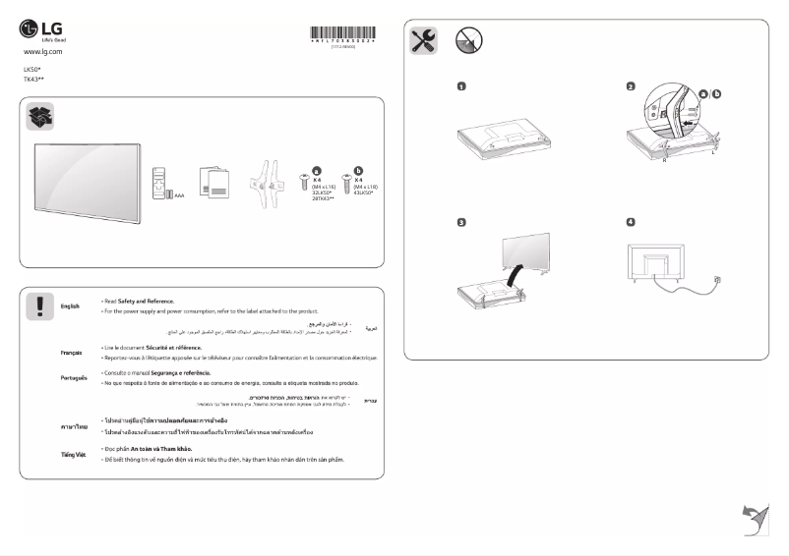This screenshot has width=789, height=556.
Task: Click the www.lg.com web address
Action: point(42,50)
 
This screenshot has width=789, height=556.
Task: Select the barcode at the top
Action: point(342,33)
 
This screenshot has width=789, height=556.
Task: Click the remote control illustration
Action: point(160,184)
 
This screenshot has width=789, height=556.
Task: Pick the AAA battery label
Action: point(179,195)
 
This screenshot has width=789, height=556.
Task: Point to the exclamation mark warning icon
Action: point(39,307)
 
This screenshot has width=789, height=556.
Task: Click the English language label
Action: point(70,306)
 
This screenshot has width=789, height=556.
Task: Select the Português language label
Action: point(73,377)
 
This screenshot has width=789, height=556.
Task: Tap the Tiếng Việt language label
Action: point(73,454)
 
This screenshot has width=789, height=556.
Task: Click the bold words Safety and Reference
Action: point(146,301)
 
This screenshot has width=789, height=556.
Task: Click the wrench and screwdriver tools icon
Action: point(422,40)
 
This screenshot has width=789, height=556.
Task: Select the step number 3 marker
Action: point(461,222)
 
